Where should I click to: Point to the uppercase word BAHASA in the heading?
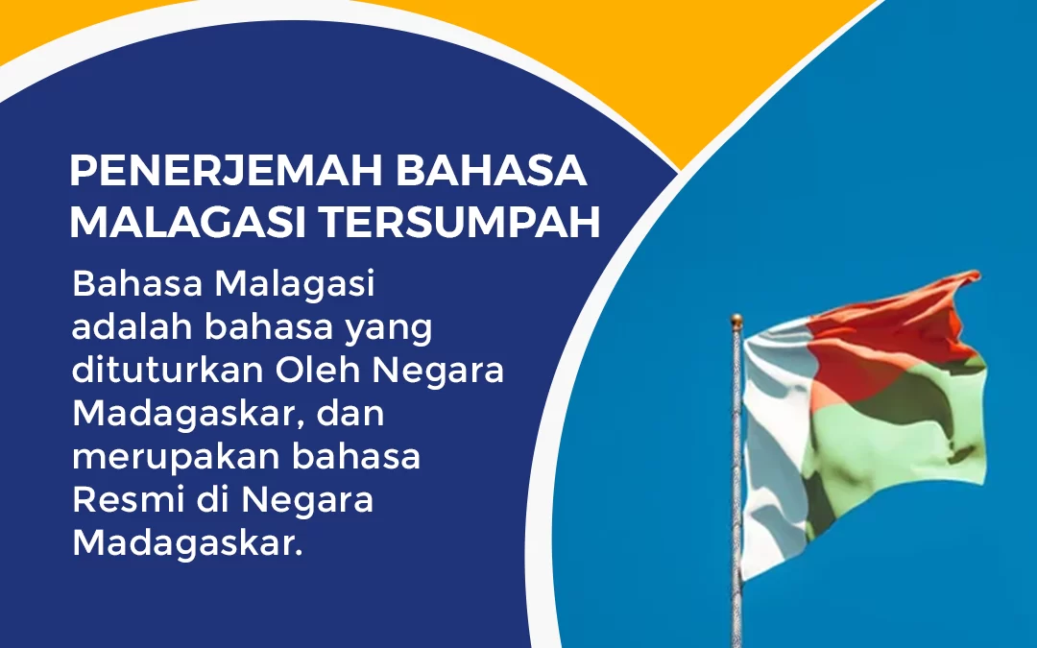pos(491,172)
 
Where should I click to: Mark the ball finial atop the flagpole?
pos(736,320)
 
